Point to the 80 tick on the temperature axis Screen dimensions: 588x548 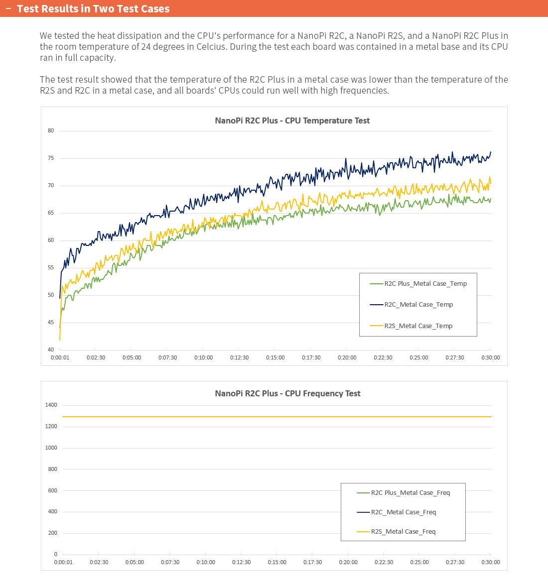(x=51, y=131)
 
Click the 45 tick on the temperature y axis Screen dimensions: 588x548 (x=51, y=322)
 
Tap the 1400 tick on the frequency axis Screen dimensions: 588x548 (x=51, y=405)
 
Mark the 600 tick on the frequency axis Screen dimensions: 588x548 (x=52, y=490)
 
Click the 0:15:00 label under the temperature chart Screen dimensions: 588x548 (x=275, y=357)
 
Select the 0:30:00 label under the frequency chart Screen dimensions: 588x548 (x=491, y=562)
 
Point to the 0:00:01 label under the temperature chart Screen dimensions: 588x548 (x=60, y=357)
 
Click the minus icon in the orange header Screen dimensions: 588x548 (x=8, y=8)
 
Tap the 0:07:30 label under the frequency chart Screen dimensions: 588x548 (x=170, y=562)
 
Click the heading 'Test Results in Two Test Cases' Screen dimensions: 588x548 (x=93, y=9)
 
